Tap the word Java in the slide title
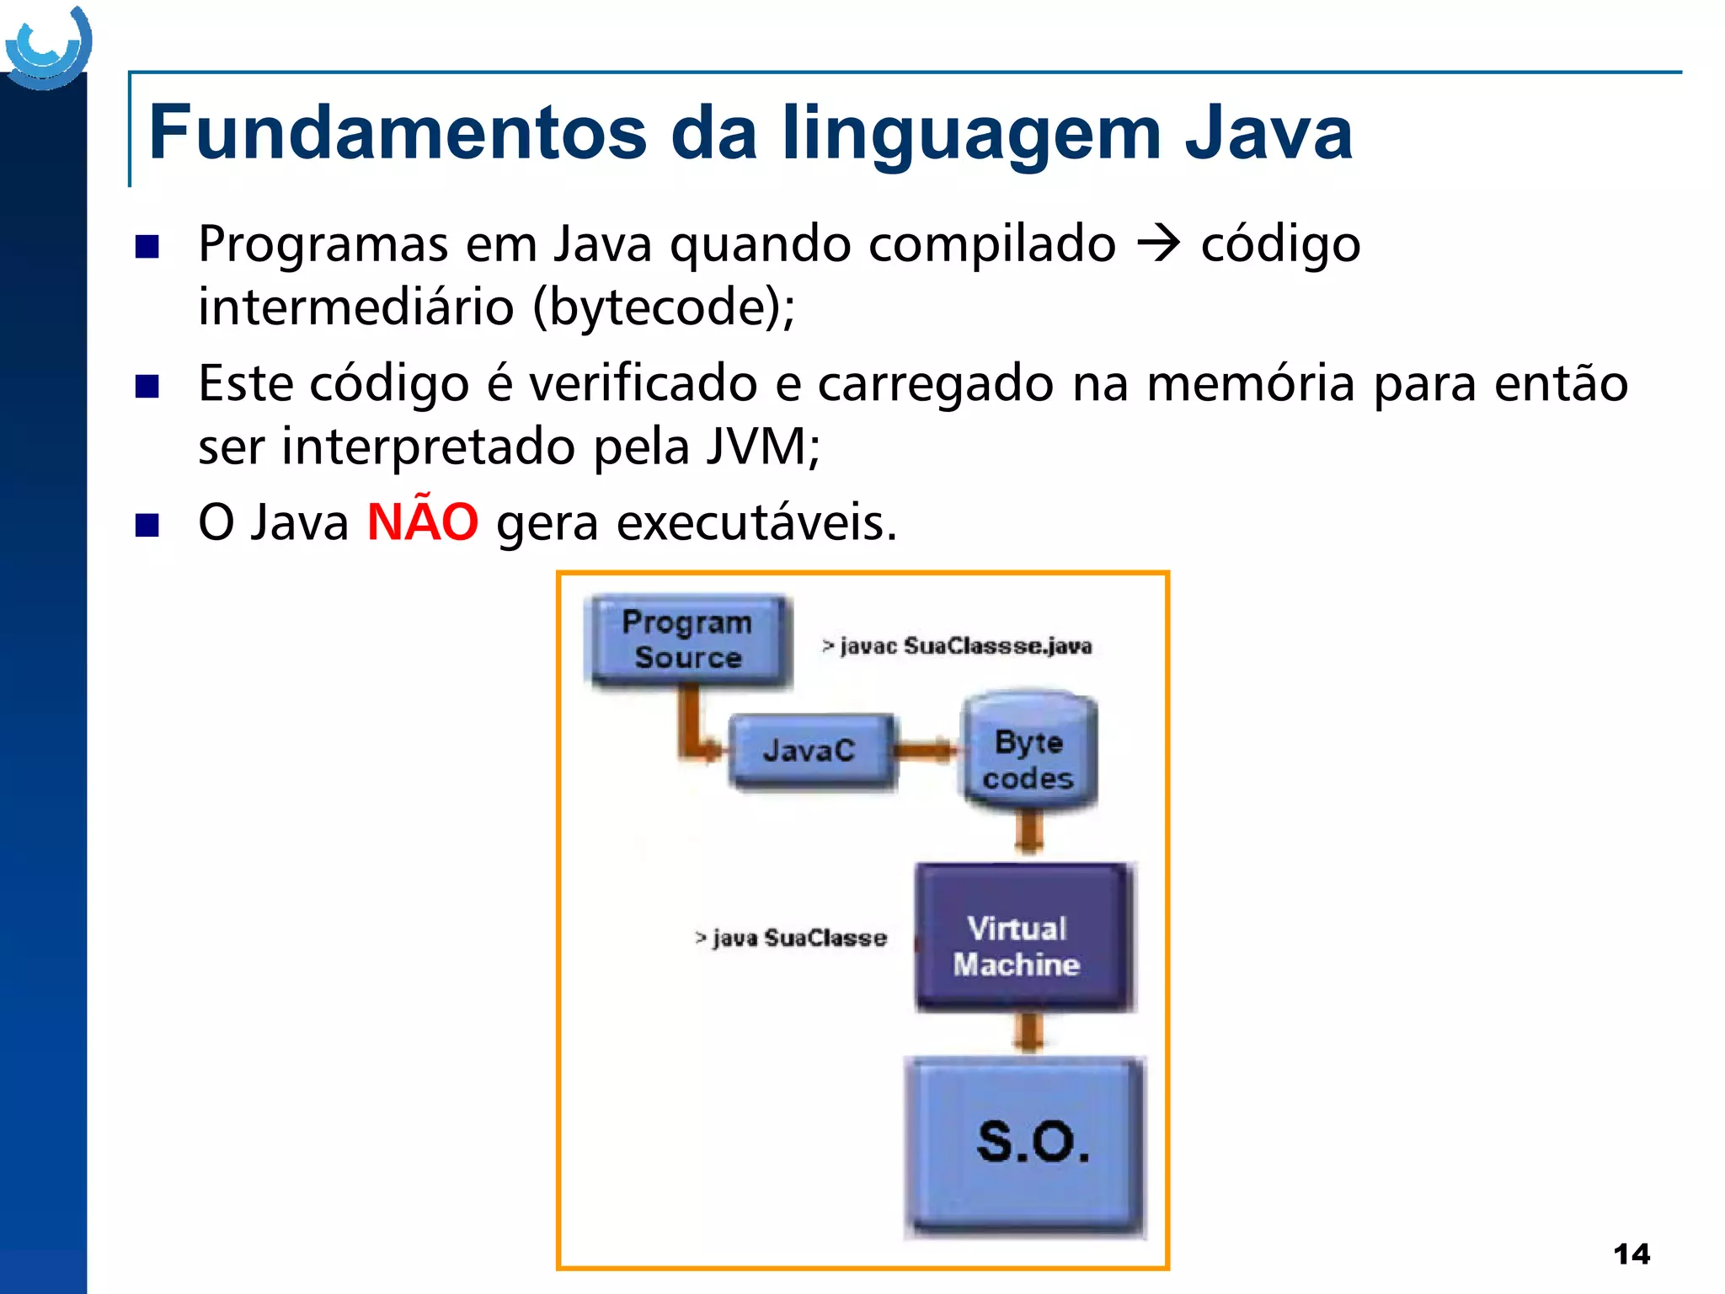[x=1268, y=132]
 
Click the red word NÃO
[x=423, y=521]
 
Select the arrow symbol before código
[x=1158, y=244]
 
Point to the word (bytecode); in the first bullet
[x=664, y=307]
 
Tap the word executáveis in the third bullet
[x=756, y=522]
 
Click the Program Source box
[x=687, y=640]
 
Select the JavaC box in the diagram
[x=809, y=749]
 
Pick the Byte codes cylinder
[x=1028, y=752]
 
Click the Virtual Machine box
[x=1021, y=938]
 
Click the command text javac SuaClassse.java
[x=957, y=646]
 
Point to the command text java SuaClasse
[x=791, y=938]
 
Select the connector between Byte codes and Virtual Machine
[x=1028, y=833]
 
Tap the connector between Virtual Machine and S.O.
[x=1028, y=1031]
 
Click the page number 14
[x=1632, y=1254]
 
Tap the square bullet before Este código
[x=147, y=386]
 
